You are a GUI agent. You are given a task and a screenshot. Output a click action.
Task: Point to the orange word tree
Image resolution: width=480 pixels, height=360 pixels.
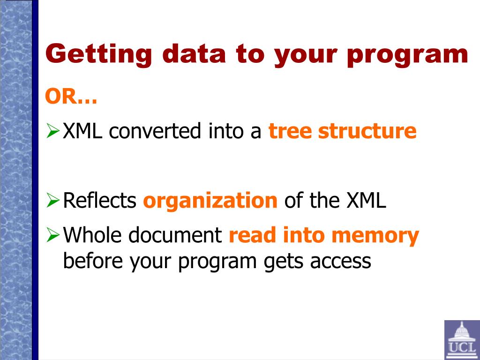coord(290,131)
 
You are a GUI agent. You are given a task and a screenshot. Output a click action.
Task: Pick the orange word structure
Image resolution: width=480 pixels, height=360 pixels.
coord(367,131)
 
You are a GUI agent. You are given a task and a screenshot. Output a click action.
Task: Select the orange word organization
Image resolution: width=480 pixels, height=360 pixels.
coord(210,201)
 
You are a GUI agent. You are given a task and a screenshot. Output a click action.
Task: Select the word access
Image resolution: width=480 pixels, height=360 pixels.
coord(340,262)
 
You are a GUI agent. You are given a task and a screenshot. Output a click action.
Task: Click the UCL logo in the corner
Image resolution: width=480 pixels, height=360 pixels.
coord(462,340)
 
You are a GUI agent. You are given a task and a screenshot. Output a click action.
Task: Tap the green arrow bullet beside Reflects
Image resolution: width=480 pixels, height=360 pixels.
coord(52,201)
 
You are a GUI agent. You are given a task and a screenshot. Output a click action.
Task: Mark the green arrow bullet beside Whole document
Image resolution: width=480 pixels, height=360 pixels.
coord(52,235)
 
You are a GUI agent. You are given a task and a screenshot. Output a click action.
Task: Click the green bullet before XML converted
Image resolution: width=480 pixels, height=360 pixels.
coord(52,131)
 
